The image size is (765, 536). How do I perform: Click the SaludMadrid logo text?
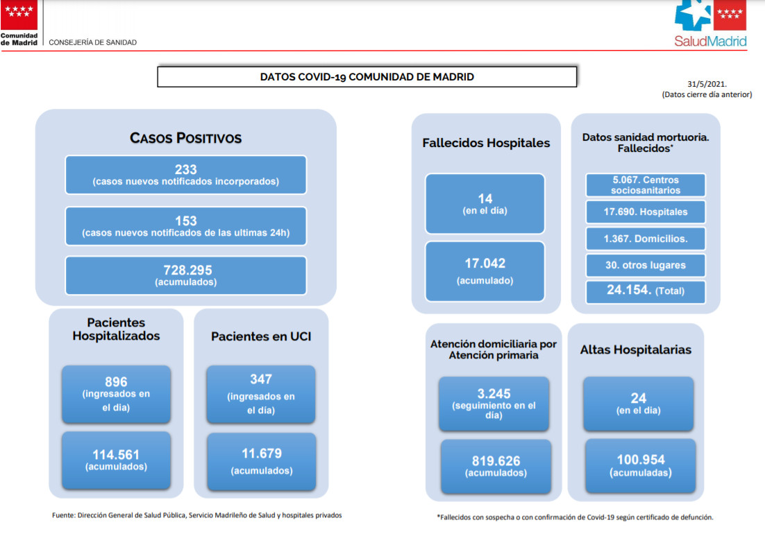point(710,42)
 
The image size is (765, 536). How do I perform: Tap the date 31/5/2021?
point(707,84)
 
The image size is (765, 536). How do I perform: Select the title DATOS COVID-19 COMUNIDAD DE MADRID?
point(367,77)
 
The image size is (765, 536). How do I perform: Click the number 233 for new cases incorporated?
point(186,169)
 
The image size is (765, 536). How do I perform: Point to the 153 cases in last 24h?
point(186,221)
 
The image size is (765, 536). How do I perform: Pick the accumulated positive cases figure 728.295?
point(188,270)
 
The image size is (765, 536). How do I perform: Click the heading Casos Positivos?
point(186,138)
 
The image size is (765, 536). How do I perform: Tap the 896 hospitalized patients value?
point(116,381)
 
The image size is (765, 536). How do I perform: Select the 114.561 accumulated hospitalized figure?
point(116,455)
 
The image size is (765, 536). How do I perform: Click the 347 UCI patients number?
point(261,379)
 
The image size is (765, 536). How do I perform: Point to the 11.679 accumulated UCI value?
point(262,453)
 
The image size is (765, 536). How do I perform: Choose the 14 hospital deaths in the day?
point(485,199)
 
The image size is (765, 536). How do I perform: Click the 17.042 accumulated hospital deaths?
point(485,263)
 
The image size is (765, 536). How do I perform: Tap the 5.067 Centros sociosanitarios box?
point(646,185)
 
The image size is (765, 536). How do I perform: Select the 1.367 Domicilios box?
point(646,239)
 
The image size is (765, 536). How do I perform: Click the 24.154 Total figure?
point(630,290)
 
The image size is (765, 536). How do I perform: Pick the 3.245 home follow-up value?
point(494,394)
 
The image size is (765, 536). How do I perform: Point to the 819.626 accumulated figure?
point(496,461)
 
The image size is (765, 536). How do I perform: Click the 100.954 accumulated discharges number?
point(641,460)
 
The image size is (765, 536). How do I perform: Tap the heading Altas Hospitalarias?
point(636,349)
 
